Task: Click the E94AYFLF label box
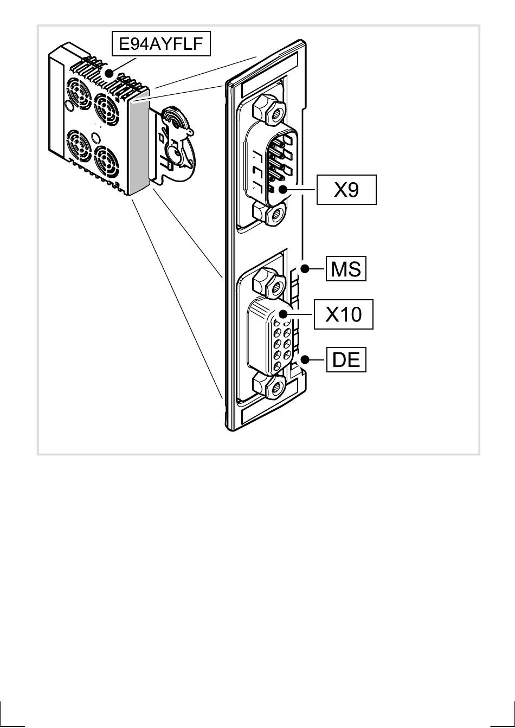tap(160, 44)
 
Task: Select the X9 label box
tap(346, 190)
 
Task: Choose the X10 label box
tap(344, 314)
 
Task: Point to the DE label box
tap(346, 360)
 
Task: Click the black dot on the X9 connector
tap(282, 190)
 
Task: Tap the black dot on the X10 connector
tap(282, 314)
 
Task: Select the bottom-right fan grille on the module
tap(106, 163)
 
